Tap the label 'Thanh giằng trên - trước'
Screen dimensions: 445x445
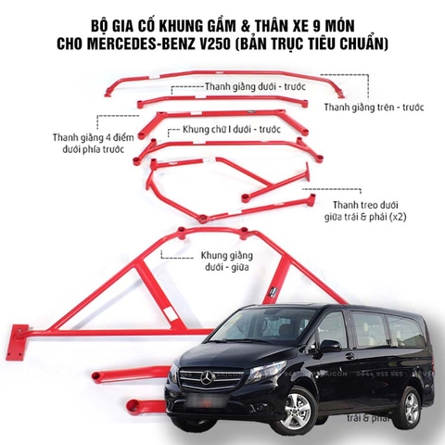(373, 108)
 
